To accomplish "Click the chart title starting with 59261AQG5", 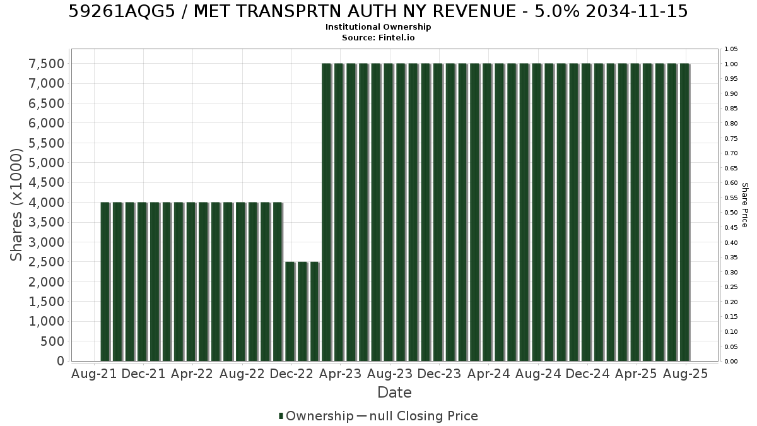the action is [378, 11].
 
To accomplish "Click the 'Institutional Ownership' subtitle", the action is [378, 27].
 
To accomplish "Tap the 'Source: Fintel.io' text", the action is [378, 37].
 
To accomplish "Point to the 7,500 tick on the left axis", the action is [46, 64].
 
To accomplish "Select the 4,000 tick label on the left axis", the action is [46, 203].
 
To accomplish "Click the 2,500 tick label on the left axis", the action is [46, 262].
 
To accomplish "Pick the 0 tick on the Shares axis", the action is [61, 361].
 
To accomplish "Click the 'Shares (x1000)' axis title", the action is [16, 205].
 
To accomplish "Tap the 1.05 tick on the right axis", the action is [731, 49].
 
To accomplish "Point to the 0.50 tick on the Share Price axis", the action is [731, 213].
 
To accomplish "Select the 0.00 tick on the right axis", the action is [731, 362].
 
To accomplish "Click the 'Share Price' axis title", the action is [745, 205].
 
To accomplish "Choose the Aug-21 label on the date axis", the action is [94, 374].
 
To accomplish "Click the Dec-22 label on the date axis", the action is [291, 374].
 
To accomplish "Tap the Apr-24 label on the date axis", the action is [489, 374].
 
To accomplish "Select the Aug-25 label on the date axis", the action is [686, 374].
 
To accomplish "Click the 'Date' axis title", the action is [394, 393].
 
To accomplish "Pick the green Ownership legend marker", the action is [281, 416].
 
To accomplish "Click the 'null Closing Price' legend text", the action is [424, 416].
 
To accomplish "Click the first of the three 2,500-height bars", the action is [290, 311].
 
